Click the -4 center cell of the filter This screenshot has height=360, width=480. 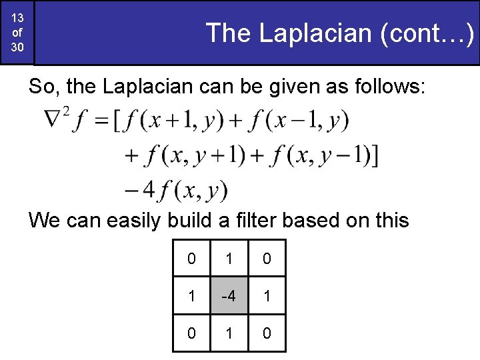click(x=229, y=296)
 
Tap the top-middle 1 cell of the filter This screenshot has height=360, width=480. click(x=229, y=259)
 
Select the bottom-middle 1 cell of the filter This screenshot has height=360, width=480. click(x=229, y=333)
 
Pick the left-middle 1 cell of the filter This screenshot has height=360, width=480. click(x=192, y=296)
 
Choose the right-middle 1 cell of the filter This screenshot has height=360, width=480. click(x=267, y=296)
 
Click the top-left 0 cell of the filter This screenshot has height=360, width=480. click(x=192, y=259)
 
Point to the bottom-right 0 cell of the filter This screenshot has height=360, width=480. click(x=267, y=333)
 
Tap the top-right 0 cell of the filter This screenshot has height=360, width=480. click(x=267, y=259)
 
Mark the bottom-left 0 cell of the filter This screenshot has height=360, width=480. click(x=192, y=333)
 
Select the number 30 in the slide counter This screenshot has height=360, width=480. click(x=17, y=47)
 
